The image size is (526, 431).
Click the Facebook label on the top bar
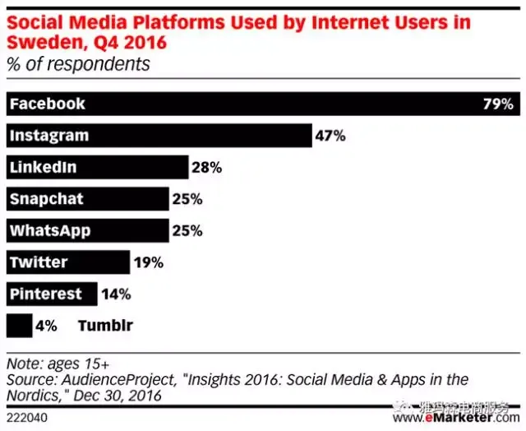click(x=47, y=104)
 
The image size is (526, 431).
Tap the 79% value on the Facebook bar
click(x=498, y=104)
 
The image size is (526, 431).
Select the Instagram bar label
click(x=48, y=136)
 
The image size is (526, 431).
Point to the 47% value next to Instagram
click(x=330, y=136)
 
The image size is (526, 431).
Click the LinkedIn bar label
click(x=43, y=168)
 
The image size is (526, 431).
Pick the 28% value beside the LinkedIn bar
click(x=206, y=168)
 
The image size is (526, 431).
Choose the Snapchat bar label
click(x=46, y=199)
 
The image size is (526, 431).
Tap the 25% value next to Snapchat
click(x=187, y=199)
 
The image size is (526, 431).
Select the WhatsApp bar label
click(x=48, y=231)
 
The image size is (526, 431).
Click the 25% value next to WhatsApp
click(x=187, y=231)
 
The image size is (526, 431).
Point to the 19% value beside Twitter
click(x=148, y=263)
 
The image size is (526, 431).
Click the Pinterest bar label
click(x=46, y=294)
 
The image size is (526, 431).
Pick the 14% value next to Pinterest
click(x=115, y=294)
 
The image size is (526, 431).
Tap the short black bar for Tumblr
click(x=18, y=326)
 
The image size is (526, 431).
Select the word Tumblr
click(x=105, y=326)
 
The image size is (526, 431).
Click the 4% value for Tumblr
click(x=46, y=326)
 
